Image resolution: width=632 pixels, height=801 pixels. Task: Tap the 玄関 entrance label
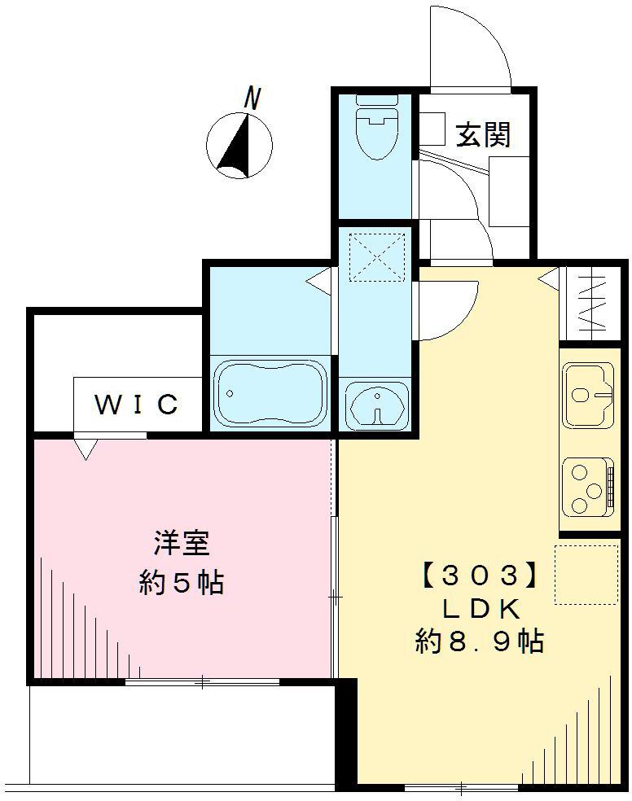483,134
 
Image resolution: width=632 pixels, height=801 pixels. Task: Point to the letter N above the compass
253,99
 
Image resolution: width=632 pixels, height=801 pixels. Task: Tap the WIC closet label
137,405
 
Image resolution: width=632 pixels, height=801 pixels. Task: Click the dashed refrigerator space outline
586,575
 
